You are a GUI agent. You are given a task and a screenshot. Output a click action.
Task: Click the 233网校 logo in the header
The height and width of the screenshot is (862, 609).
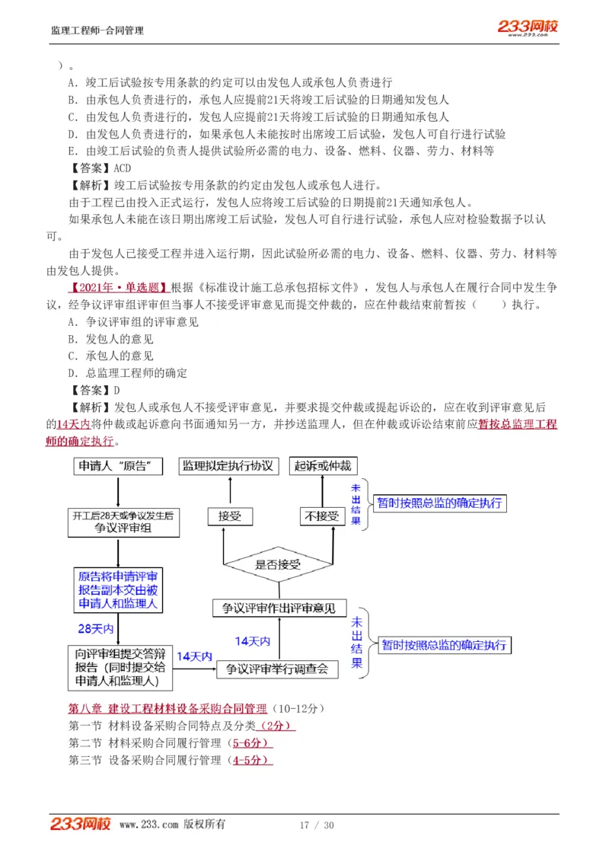point(528,27)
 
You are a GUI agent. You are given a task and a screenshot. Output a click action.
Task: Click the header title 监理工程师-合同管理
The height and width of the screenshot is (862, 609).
point(97,30)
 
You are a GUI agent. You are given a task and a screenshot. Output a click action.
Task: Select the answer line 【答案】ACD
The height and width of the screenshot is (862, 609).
point(100,168)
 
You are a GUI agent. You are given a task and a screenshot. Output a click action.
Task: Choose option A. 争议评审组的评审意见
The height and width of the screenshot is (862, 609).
point(133,322)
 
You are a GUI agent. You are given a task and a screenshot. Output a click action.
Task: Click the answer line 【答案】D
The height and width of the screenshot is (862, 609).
point(94,391)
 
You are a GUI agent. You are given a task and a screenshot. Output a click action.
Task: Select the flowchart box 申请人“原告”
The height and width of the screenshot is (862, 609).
point(118,466)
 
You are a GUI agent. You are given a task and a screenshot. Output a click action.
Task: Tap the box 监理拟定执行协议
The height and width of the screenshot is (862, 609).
point(228,466)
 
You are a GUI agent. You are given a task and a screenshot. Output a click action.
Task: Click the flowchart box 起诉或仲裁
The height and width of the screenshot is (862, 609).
point(324,466)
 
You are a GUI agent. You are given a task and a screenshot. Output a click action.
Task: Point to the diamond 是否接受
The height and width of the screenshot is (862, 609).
point(278,564)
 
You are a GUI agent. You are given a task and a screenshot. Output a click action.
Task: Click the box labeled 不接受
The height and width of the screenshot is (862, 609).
point(322,516)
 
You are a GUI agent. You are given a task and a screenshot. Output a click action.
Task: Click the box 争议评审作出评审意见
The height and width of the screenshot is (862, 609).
point(279,608)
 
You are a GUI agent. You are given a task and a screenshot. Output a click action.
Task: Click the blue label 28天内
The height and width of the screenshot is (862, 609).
point(95,629)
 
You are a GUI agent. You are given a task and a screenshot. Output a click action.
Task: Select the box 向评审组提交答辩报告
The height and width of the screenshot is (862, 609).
point(119,666)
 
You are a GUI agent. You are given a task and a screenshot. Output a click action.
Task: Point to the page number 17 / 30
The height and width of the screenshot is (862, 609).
point(317,825)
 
